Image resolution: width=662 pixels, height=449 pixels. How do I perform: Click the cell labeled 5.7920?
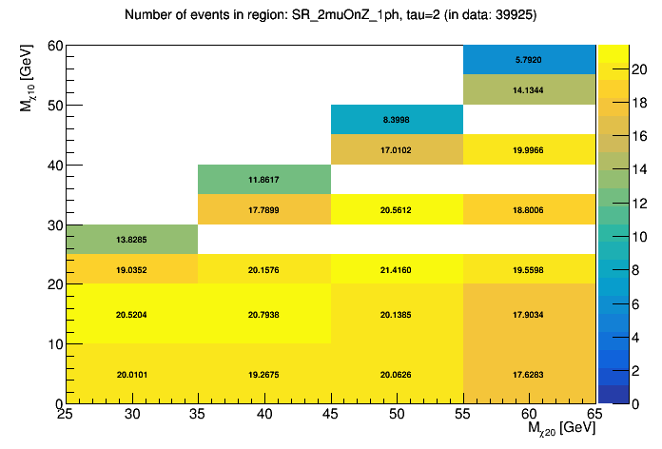coord(529,60)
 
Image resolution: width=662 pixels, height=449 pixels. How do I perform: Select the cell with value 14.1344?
coord(529,90)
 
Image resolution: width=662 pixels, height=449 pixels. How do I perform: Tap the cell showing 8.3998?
coord(397,120)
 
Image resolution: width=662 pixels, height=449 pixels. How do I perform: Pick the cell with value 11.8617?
coord(263,180)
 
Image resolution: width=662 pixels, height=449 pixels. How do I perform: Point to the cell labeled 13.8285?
coord(131,240)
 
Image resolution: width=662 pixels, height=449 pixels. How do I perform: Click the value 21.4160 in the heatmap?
coord(397,269)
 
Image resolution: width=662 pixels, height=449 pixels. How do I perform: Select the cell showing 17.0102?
coord(397,150)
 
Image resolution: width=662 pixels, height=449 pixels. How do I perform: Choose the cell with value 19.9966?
coord(529,150)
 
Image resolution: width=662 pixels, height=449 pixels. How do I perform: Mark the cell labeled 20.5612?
coord(397,209)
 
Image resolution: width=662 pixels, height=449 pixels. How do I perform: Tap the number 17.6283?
coord(529,374)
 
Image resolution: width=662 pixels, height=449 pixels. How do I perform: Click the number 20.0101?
coord(131,374)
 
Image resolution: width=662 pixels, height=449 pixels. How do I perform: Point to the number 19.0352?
coord(131,269)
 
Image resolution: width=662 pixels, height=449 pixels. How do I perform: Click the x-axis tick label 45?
coord(331,414)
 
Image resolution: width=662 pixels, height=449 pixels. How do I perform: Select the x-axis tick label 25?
coord(66,414)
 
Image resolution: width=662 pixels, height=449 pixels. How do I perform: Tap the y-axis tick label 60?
coord(53,46)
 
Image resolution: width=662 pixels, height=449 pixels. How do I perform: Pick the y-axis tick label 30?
coord(53,224)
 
